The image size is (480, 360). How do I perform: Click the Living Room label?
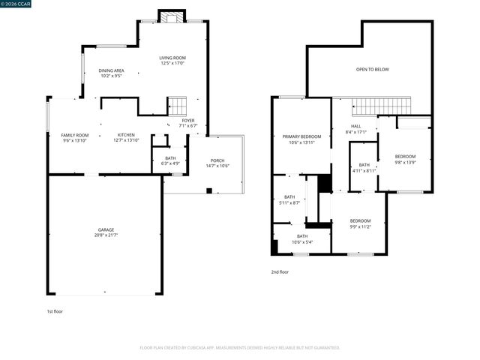pos(172,58)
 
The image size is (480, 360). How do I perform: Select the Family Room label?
pos(74,135)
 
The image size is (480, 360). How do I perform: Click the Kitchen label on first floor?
pos(125,135)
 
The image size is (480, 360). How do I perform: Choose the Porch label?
pos(217,160)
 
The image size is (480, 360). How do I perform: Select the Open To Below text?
pos(372,69)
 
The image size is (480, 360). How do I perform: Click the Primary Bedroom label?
pos(301,136)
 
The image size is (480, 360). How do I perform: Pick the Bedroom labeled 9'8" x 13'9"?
pos(405,157)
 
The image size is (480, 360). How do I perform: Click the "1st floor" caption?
pos(55,310)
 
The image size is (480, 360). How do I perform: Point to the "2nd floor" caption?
pos(279,271)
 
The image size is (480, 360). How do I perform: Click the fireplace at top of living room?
pos(171,16)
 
